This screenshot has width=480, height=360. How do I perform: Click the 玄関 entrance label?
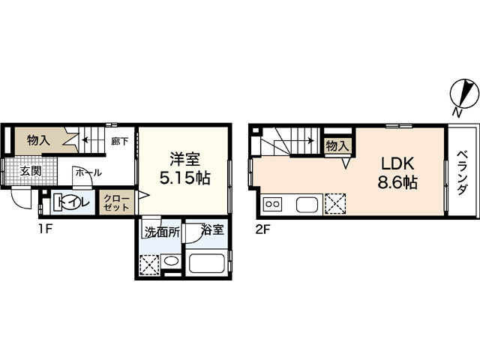[x=31, y=171]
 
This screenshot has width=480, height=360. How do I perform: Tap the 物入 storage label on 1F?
[x=38, y=140]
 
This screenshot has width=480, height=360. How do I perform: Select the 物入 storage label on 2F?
[x=337, y=146]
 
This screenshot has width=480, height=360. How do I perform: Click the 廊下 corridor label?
[x=120, y=142]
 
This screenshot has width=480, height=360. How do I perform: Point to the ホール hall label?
[x=88, y=173]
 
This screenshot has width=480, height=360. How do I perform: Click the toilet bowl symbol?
[x=72, y=202]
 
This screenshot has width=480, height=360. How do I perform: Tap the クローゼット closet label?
[x=116, y=202]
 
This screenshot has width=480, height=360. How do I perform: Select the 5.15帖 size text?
[x=185, y=178]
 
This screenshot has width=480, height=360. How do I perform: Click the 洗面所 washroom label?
[x=162, y=232]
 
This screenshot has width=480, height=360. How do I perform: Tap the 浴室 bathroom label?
[x=212, y=229]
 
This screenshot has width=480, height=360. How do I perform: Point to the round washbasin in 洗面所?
[x=171, y=261]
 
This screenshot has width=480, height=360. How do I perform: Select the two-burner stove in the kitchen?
[x=272, y=204]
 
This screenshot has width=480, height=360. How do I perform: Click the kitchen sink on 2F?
[x=307, y=205]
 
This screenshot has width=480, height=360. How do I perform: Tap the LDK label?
[x=397, y=163]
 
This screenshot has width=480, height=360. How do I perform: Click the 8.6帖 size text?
[x=397, y=183]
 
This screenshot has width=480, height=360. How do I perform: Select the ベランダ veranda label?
[x=462, y=173]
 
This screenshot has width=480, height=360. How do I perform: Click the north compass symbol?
[x=463, y=95]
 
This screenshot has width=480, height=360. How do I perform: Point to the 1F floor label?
[x=46, y=229]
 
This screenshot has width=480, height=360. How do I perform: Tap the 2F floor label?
[x=262, y=229]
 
